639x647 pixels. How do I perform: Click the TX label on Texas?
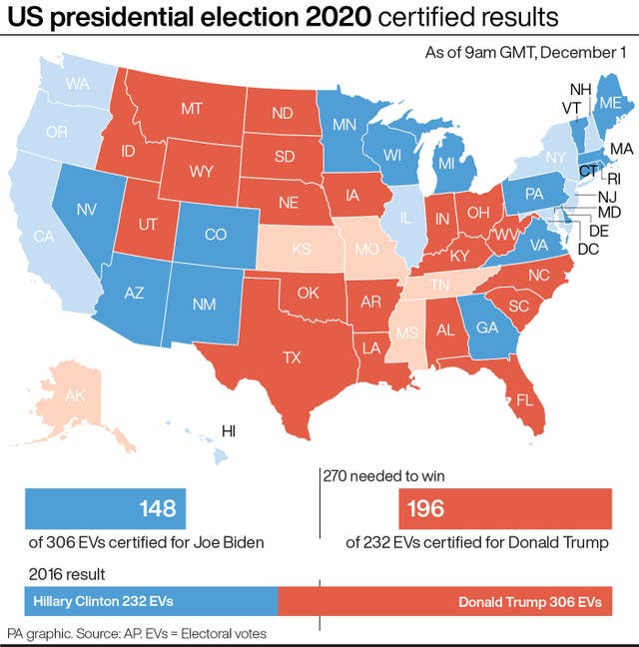click(x=292, y=356)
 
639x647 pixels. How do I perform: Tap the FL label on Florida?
click(x=523, y=399)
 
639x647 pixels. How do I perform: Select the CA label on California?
click(x=43, y=237)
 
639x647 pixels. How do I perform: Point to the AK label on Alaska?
click(x=76, y=395)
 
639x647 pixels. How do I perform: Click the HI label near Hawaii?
click(x=229, y=431)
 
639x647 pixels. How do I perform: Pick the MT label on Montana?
click(x=193, y=107)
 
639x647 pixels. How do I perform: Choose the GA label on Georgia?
click(x=488, y=326)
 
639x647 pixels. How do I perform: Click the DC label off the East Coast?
click(x=588, y=249)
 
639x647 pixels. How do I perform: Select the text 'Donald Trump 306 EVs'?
click(x=529, y=603)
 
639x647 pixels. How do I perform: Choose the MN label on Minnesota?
click(x=345, y=125)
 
